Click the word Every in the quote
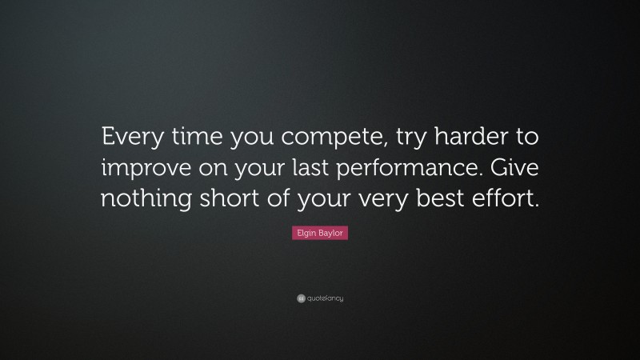click(129, 138)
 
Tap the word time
click(191, 138)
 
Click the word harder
click(465, 138)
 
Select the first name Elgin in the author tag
click(305, 234)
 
